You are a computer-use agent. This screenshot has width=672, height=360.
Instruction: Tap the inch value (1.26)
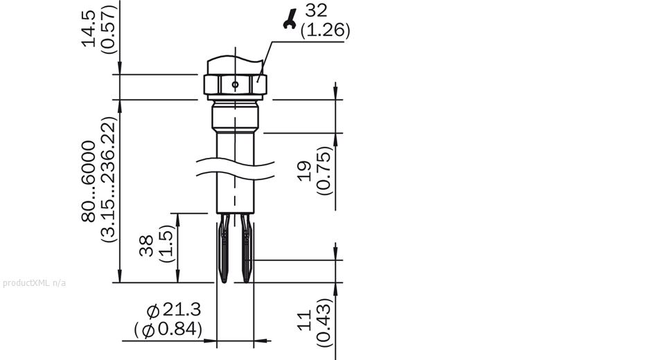tap(325, 31)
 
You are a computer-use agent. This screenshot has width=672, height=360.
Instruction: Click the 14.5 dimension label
tap(89, 28)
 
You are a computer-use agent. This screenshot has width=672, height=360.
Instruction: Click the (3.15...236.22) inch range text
tap(109, 179)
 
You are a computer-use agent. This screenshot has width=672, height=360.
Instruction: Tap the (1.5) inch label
tap(166, 243)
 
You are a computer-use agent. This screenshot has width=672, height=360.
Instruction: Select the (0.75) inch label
tap(324, 170)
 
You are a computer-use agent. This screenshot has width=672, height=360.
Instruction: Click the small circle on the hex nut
tap(236, 84)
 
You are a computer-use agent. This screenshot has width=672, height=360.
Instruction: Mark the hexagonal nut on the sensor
tap(235, 78)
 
